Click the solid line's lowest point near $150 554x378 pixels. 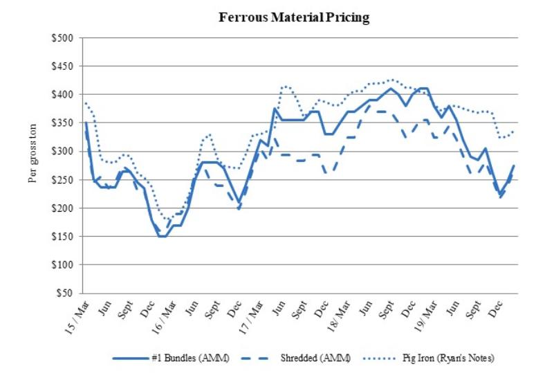click(x=163, y=236)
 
